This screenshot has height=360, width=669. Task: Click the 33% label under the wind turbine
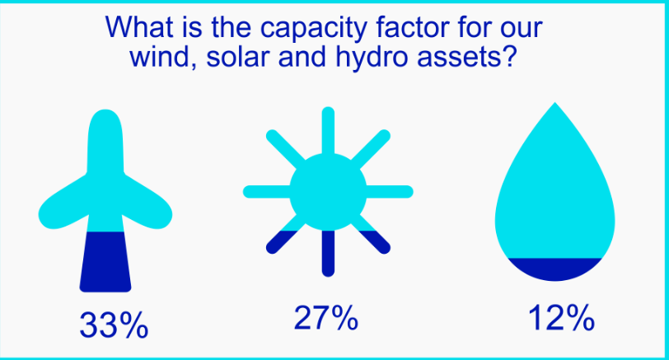(x=114, y=325)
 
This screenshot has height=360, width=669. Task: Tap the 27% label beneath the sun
(x=326, y=318)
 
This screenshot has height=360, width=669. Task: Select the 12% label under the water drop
(x=561, y=318)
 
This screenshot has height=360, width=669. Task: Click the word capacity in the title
(x=313, y=28)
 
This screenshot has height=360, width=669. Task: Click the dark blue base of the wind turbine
(x=105, y=261)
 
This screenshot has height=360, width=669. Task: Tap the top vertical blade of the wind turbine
(x=105, y=141)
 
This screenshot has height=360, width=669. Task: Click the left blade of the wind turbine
(x=64, y=203)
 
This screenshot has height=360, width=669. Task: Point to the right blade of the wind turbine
(x=147, y=203)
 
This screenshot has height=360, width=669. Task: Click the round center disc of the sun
(x=328, y=191)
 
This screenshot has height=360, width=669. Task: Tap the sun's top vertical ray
(x=328, y=130)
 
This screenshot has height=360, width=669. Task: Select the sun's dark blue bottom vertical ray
(x=328, y=254)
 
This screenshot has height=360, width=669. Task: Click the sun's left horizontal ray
(x=267, y=191)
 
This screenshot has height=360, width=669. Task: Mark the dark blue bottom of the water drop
(x=554, y=269)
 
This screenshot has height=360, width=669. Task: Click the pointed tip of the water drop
(x=554, y=103)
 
